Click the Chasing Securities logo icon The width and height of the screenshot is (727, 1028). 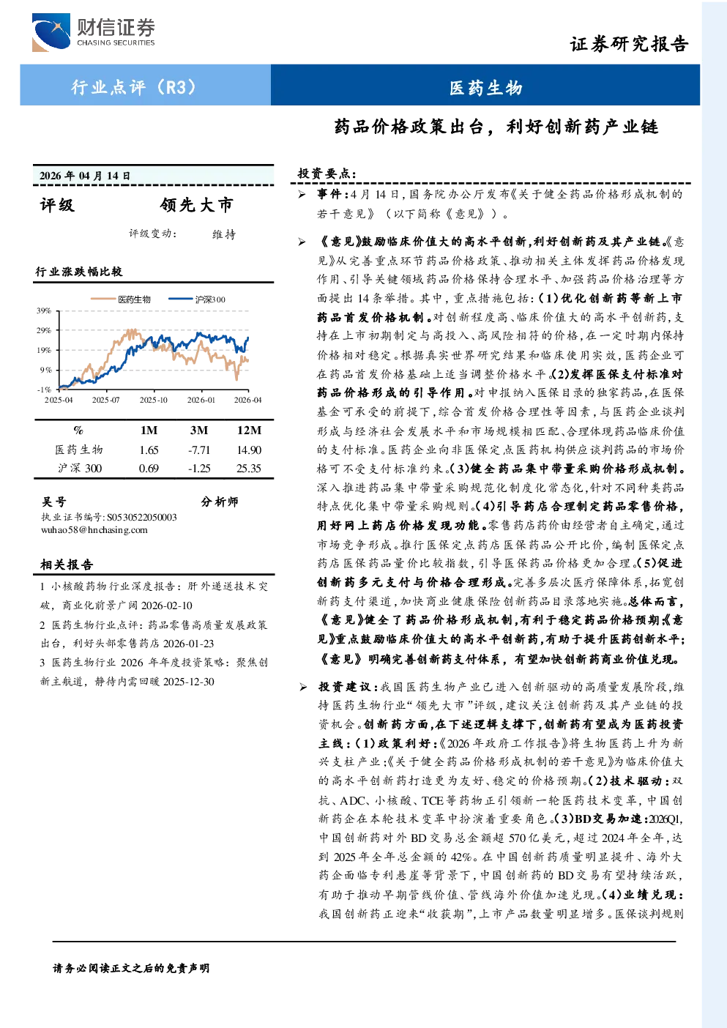pyautogui.click(x=51, y=32)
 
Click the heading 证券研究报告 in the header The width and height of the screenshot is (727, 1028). pyautogui.click(x=629, y=44)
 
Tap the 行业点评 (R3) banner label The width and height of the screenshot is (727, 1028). pyautogui.click(x=133, y=86)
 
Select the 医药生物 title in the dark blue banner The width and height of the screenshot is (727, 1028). pyautogui.click(x=485, y=88)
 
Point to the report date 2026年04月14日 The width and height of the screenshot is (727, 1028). pyautogui.click(x=85, y=176)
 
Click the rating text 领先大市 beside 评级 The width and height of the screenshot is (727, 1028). pyautogui.click(x=197, y=205)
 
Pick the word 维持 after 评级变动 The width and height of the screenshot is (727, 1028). pyautogui.click(x=224, y=234)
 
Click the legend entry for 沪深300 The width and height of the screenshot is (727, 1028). pyautogui.click(x=197, y=299)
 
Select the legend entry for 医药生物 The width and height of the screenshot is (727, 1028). pyautogui.click(x=121, y=299)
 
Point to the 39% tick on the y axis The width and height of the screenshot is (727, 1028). pyautogui.click(x=44, y=310)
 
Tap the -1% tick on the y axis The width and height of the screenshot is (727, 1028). pyautogui.click(x=44, y=390)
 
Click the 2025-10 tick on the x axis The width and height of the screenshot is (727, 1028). pyautogui.click(x=153, y=401)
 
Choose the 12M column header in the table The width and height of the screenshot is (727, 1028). pyautogui.click(x=249, y=431)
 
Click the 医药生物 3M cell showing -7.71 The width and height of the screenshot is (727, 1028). pyautogui.click(x=199, y=450)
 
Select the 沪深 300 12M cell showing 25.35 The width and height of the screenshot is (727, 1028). pyautogui.click(x=249, y=469)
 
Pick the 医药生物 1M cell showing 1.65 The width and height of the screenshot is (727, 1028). pyautogui.click(x=149, y=450)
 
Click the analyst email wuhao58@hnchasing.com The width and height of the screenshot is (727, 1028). pyautogui.click(x=94, y=530)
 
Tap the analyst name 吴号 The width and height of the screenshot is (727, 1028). pyautogui.click(x=54, y=502)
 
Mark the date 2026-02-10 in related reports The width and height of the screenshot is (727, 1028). pyautogui.click(x=167, y=606)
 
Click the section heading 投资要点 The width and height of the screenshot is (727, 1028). pyautogui.click(x=327, y=174)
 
